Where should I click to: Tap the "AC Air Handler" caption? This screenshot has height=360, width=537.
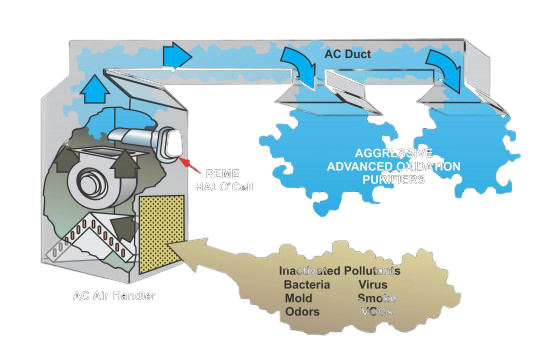point(115,296)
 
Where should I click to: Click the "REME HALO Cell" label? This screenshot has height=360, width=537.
point(223,181)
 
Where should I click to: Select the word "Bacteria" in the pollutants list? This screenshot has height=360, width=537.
point(306,284)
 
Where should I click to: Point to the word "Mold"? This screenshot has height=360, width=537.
point(297,298)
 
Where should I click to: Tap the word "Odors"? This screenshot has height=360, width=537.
point(300,312)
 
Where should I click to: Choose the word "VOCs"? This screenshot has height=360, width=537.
point(377,312)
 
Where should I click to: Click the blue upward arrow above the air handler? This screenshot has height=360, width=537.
point(94,88)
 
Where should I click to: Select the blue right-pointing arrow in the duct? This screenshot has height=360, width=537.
point(177,56)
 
